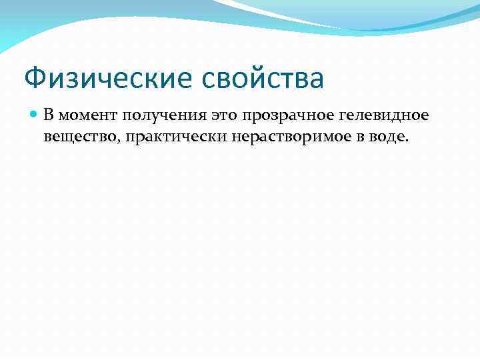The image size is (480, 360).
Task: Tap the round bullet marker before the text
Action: (x=35, y=115)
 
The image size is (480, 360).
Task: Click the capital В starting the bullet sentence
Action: (x=49, y=115)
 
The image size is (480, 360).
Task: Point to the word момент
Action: (x=86, y=115)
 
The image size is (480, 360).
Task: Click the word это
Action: (x=225, y=115)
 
